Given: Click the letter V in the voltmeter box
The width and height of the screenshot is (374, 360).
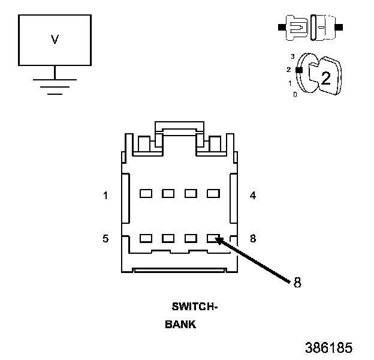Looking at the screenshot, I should (55, 40).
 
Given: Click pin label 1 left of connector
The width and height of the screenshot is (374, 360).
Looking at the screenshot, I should (105, 195).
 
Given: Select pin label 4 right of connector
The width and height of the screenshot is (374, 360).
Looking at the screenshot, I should (253, 195).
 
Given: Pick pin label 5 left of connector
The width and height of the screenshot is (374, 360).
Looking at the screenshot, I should (105, 239).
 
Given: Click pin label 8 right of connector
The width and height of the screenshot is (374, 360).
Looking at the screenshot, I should (253, 239).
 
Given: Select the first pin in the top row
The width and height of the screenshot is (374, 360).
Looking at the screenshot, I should (145, 194).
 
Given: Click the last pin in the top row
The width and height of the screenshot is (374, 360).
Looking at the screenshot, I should (212, 194).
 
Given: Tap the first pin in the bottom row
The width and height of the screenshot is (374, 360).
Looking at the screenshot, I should (145, 238).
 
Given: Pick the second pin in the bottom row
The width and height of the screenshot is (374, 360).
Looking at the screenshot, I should (168, 238).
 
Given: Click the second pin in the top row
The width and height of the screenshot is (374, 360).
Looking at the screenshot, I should (168, 194).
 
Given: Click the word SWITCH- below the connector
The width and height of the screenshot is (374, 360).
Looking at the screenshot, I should (194, 307).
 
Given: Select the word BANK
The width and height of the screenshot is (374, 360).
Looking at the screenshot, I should (180, 325).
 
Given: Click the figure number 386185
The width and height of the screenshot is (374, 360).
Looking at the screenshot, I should (328, 348).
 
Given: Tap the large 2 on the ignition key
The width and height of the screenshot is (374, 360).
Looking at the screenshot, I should (325, 77).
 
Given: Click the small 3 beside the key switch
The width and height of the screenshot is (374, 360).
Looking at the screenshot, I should (292, 56).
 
